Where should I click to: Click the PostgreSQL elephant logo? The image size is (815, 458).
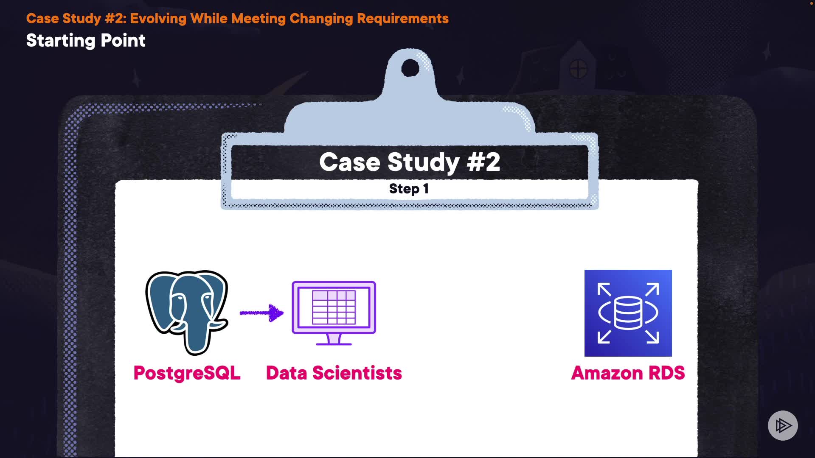(x=187, y=313)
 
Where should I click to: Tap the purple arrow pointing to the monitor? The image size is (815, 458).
(x=261, y=313)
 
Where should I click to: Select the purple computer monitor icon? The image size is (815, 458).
(x=334, y=313)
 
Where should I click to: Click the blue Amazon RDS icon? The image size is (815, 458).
(x=628, y=313)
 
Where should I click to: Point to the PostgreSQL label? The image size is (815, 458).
(x=187, y=373)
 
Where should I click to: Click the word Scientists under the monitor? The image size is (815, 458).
(x=357, y=373)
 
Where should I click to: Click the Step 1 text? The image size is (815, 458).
(x=409, y=189)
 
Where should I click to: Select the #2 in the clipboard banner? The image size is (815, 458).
(x=483, y=162)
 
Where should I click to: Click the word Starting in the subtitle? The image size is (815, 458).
(x=61, y=41)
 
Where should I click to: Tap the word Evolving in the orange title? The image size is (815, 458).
(x=158, y=19)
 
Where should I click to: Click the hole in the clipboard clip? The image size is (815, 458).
(x=410, y=68)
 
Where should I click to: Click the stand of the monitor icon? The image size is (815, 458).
(x=334, y=339)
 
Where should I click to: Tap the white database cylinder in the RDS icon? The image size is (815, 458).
(x=628, y=313)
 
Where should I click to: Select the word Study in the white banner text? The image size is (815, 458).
(x=423, y=162)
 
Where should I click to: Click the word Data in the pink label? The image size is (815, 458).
(x=287, y=373)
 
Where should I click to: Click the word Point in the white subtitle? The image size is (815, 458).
(x=123, y=41)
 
